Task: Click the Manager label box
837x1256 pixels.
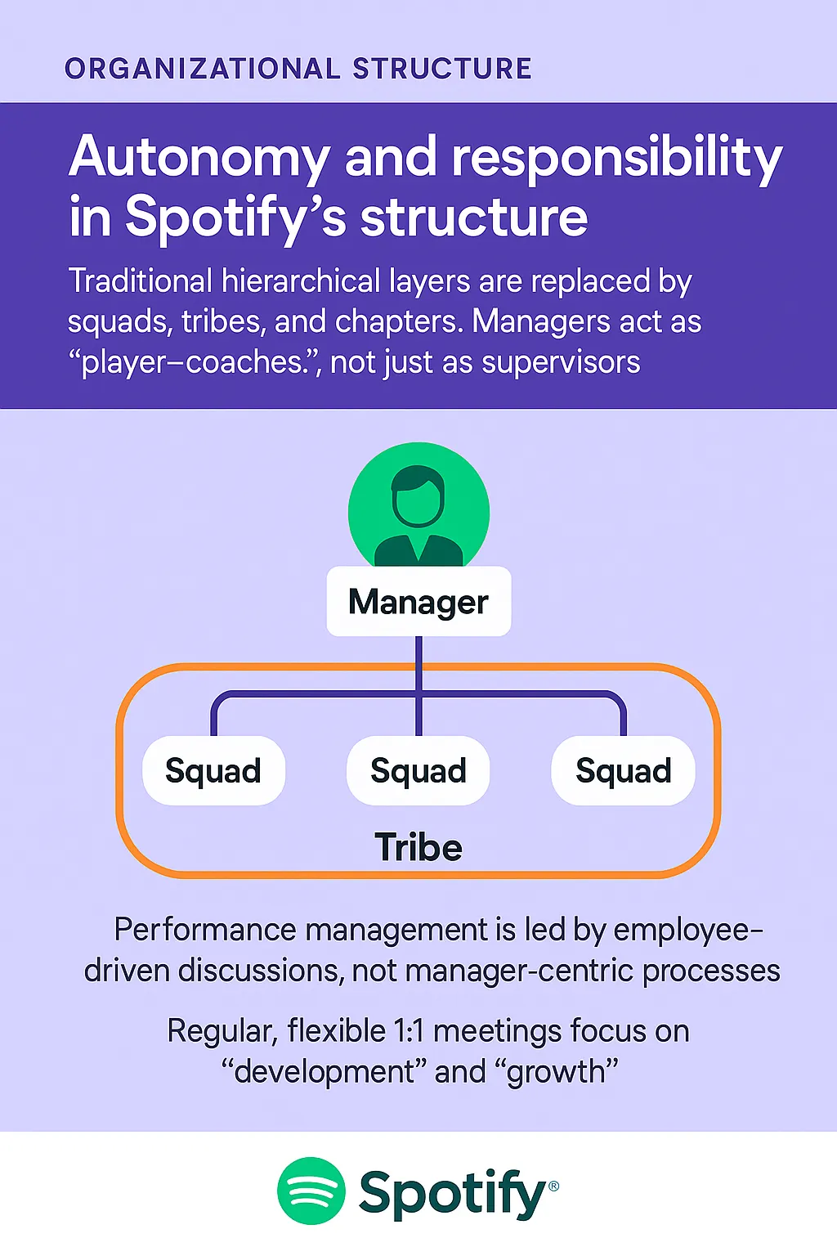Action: [x=418, y=602]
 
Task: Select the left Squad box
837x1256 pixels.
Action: [x=213, y=771]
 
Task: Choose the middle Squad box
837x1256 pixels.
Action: [x=418, y=771]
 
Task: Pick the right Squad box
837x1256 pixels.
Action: [x=624, y=771]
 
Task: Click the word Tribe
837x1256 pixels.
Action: [x=418, y=847]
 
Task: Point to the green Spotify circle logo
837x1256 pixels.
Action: [x=311, y=1191]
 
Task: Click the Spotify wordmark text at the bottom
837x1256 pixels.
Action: [x=451, y=1194]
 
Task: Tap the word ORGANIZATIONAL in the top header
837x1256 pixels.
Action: [x=202, y=69]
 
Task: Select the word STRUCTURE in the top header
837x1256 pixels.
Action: [x=442, y=69]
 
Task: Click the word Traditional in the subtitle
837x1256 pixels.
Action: [x=140, y=281]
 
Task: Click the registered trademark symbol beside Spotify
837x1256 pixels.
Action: [x=553, y=1186]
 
